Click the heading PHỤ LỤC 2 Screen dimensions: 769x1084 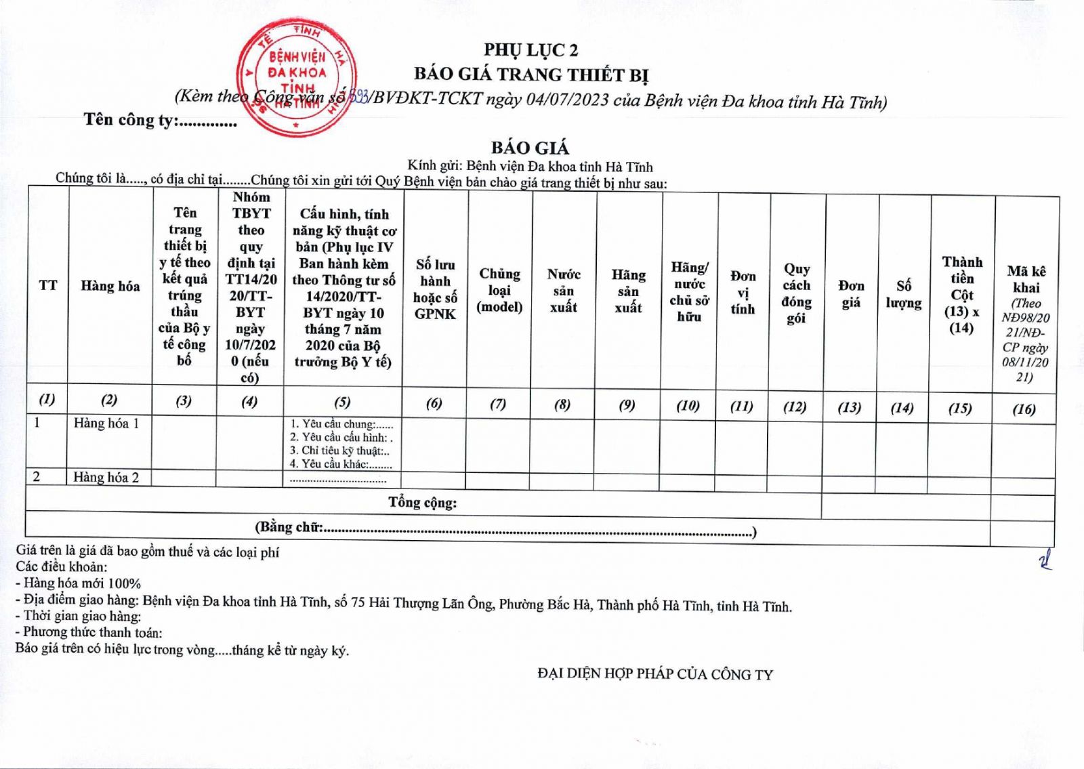[530, 50]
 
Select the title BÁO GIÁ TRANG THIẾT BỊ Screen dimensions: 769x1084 [531, 74]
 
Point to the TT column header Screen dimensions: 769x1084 [48, 285]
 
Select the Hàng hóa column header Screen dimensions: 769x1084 [110, 286]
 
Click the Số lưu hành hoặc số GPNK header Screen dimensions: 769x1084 [435, 289]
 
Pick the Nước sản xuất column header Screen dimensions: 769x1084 [564, 291]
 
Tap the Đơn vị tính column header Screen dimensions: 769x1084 [743, 293]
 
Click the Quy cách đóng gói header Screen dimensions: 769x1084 [796, 293]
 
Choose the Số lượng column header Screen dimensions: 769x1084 [903, 294]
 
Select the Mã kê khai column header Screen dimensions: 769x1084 [1026, 323]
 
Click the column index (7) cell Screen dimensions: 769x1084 [498, 404]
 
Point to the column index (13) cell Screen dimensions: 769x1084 [849, 407]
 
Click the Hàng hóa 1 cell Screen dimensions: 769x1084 [106, 423]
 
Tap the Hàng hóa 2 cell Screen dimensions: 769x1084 [106, 477]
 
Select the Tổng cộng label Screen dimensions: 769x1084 [422, 503]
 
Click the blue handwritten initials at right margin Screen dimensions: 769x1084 [1047, 560]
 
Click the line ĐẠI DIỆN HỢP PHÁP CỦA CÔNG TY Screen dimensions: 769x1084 [654, 673]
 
